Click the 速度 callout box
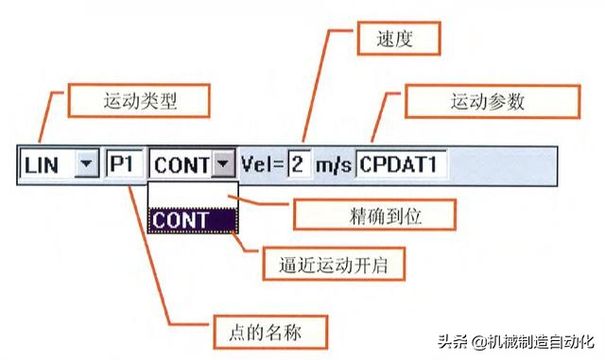[398, 41]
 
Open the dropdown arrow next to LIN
[86, 165]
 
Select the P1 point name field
[123, 165]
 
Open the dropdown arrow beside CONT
[223, 165]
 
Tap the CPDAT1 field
[401, 165]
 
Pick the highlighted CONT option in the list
[193, 220]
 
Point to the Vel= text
[262, 165]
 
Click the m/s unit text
[333, 165]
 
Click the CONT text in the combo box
[181, 165]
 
